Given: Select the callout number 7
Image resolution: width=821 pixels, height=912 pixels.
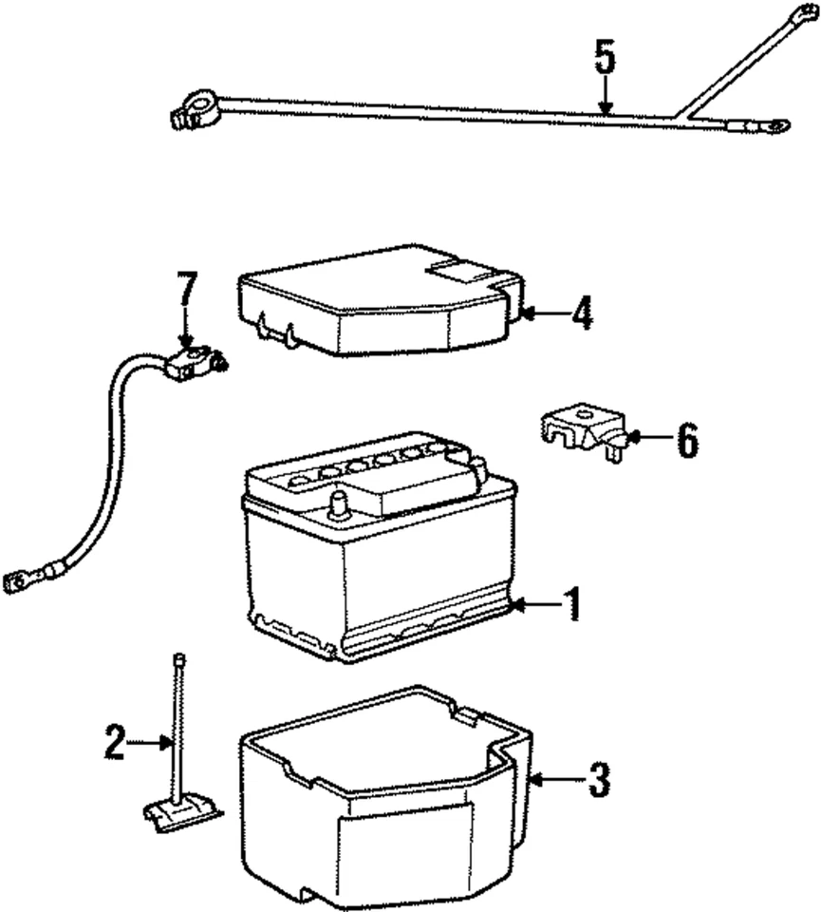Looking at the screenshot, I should point(187,291).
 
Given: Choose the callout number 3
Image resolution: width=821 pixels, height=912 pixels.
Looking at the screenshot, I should point(596,781).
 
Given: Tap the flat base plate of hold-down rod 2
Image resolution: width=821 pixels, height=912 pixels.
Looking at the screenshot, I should point(181,807).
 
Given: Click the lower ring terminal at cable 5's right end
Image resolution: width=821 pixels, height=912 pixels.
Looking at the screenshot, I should point(775,124).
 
